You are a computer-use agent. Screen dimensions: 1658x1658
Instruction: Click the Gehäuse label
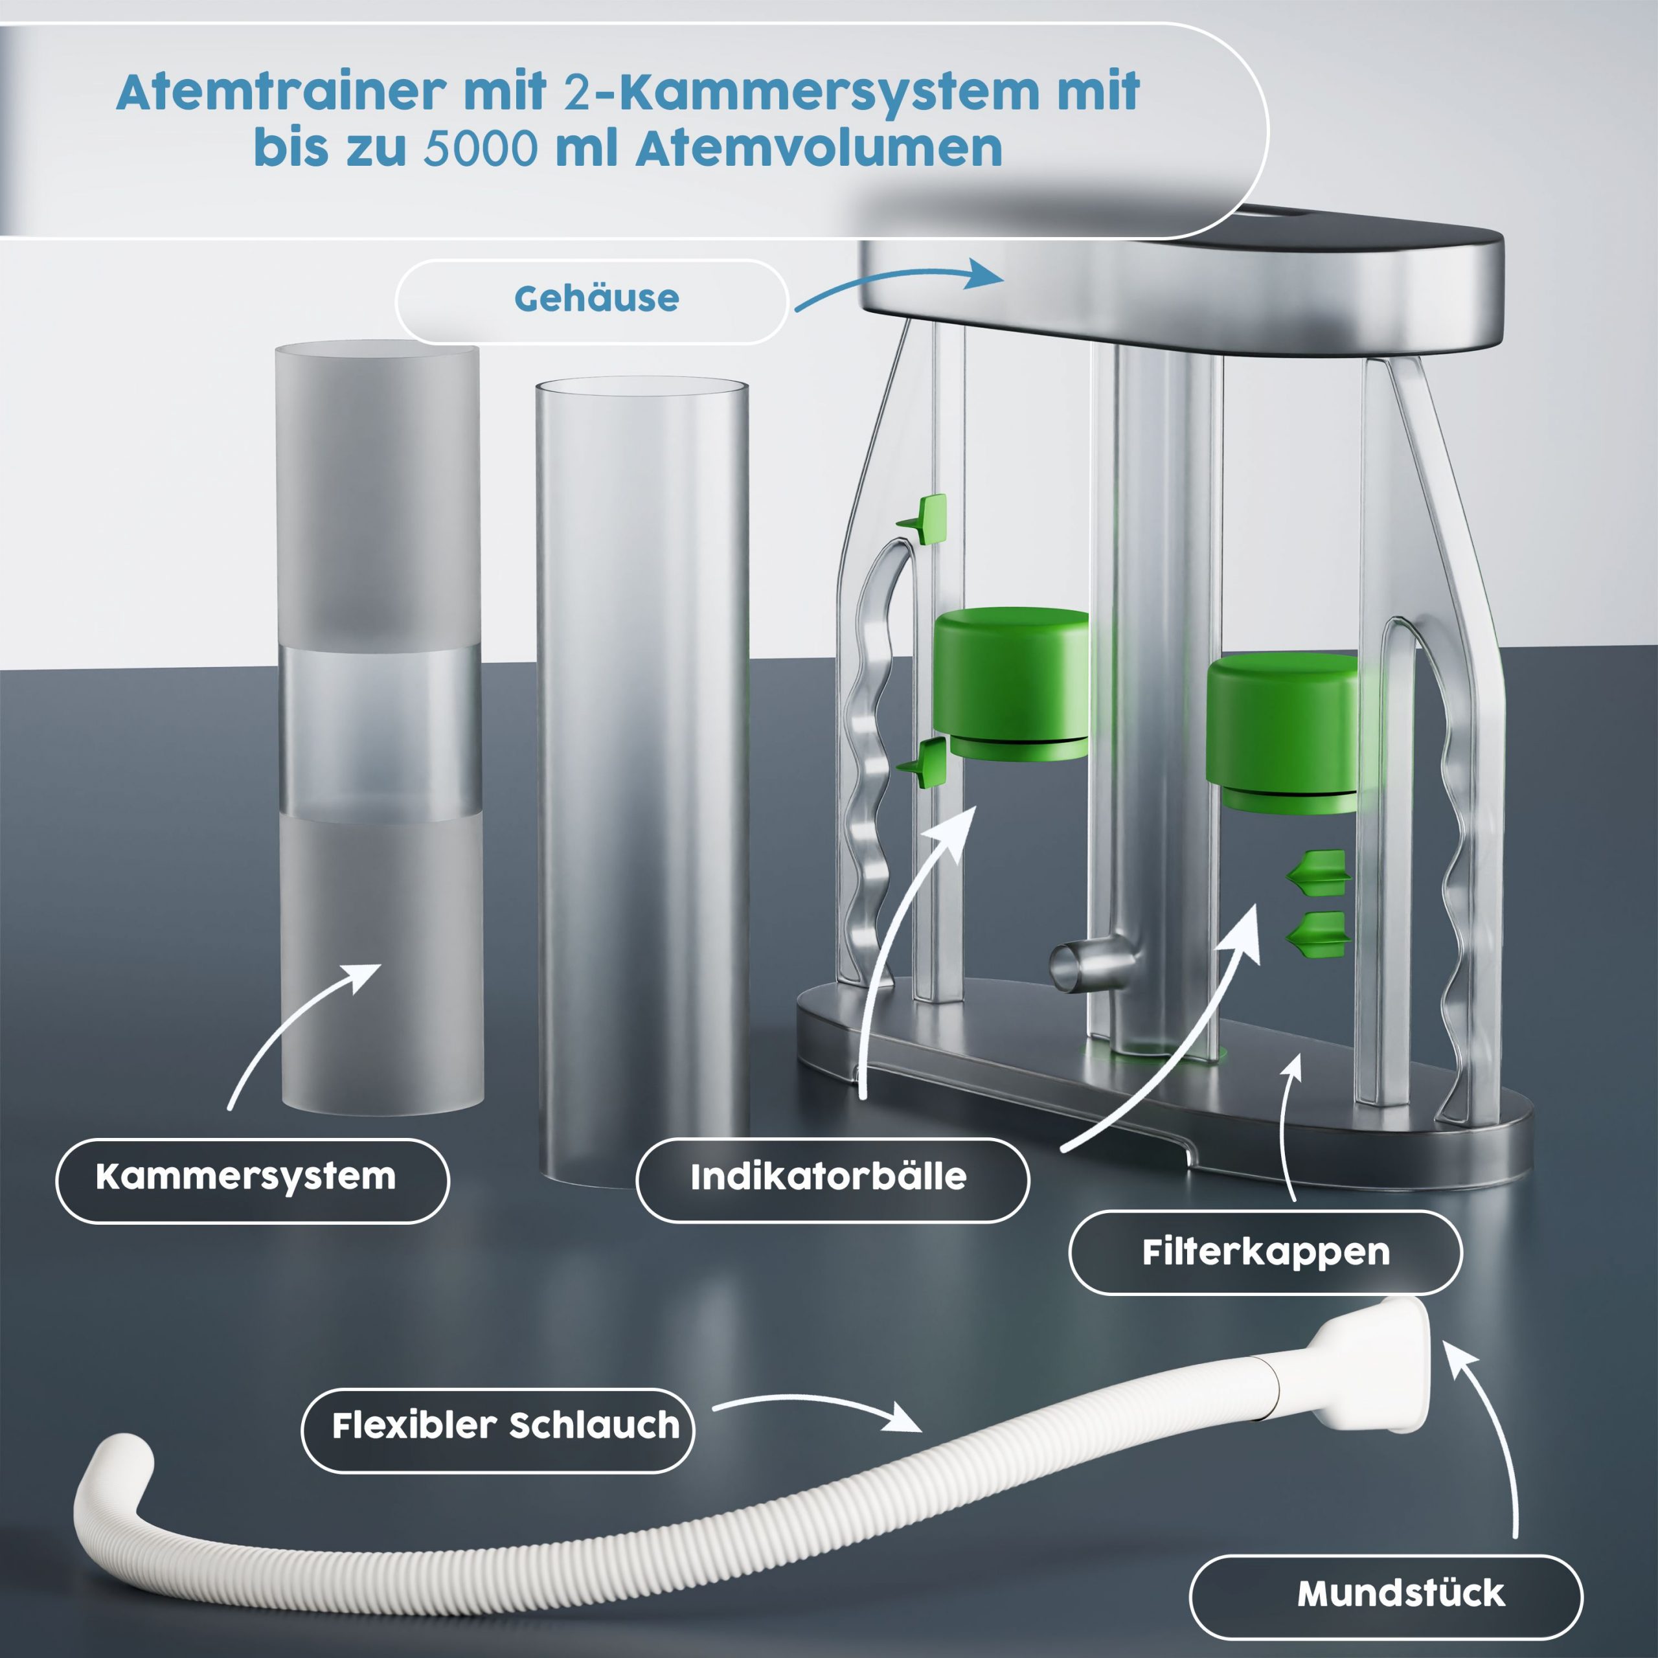point(596,299)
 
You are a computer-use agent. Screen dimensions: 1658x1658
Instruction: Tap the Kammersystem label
point(246,1177)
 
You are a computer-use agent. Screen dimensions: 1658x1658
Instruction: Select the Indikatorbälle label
point(829,1177)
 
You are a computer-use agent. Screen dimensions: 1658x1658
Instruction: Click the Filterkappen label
point(1266,1252)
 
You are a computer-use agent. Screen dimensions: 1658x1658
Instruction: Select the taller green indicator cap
point(1010,683)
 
